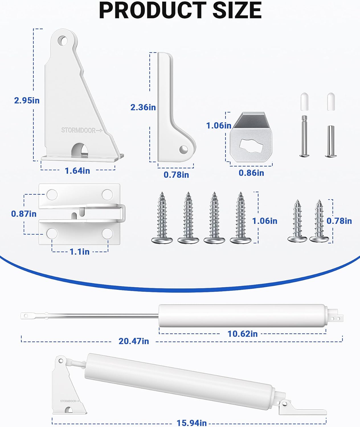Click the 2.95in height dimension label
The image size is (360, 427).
pyautogui.click(x=27, y=100)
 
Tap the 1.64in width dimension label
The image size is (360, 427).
pyautogui.click(x=77, y=171)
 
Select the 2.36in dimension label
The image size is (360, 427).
pyautogui.click(x=143, y=107)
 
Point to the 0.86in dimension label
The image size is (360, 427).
pyautogui.click(x=251, y=173)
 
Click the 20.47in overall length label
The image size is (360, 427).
pyautogui.click(x=134, y=341)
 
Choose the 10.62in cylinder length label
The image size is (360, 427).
pyautogui.click(x=243, y=334)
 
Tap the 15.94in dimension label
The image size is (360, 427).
pyautogui.click(x=192, y=423)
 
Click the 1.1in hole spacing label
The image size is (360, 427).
pyautogui.click(x=80, y=252)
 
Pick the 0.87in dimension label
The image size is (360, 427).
pyautogui.click(x=24, y=214)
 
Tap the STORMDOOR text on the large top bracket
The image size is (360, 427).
pyautogui.click(x=78, y=130)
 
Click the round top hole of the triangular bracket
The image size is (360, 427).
pyautogui.click(x=63, y=41)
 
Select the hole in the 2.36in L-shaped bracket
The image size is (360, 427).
pyautogui.click(x=183, y=149)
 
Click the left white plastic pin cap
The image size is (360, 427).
pyautogui.click(x=304, y=102)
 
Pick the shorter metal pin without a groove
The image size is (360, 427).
pyautogui.click(x=331, y=141)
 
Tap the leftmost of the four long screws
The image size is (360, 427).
pyautogui.click(x=162, y=218)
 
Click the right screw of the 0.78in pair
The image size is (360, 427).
pyautogui.click(x=319, y=221)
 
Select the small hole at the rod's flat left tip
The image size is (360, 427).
pyautogui.click(x=26, y=316)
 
